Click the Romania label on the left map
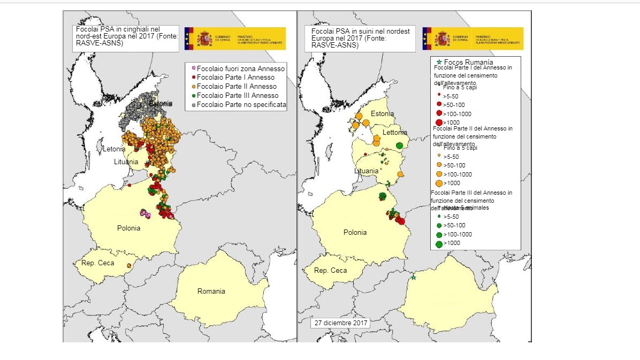pos(211,292)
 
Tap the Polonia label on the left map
pos(128,228)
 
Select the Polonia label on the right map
pos(355,233)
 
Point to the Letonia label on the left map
pos(114,149)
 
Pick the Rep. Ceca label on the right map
pos(330,271)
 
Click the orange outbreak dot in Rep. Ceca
pos(128,266)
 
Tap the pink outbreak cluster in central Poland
pos(144,213)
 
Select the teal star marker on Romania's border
pos(413,278)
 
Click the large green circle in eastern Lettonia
pos(399,145)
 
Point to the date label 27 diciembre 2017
pos(340,324)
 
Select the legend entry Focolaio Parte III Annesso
pos(236,96)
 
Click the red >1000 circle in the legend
pos(439,123)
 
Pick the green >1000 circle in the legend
pos(439,244)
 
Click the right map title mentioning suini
pos(361,39)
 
